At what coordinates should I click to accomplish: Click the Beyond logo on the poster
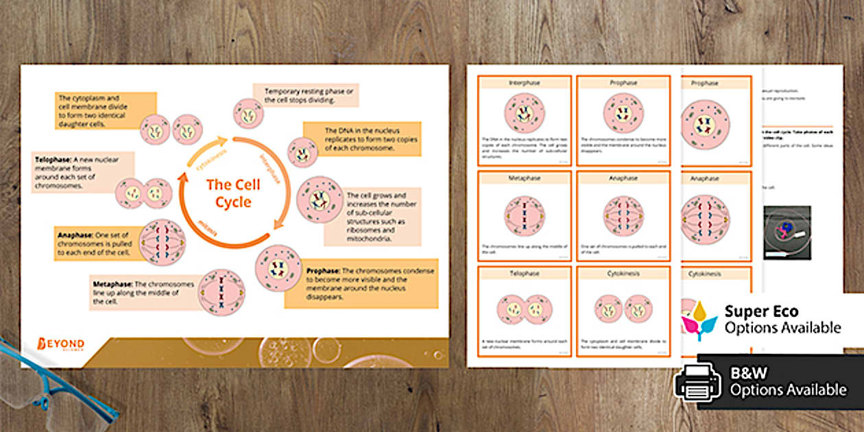pos(61,344)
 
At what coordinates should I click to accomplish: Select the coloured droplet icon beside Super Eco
pos(699,320)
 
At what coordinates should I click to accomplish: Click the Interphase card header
pos(524,83)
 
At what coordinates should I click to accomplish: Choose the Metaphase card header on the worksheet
pos(524,178)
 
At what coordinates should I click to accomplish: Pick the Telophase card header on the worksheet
pos(524,273)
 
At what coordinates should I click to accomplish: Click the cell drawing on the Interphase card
pos(524,113)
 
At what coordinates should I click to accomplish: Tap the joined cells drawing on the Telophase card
pos(524,308)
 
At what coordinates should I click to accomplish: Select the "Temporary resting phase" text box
pos(306,95)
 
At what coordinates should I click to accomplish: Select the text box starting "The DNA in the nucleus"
pos(361,139)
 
